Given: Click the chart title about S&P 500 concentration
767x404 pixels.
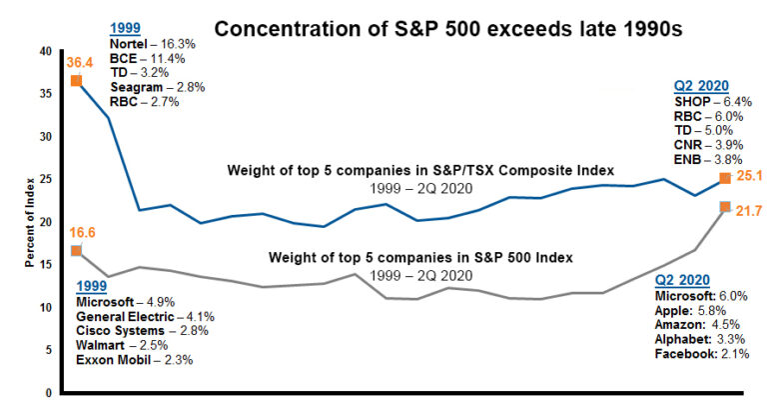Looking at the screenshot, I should click(448, 28).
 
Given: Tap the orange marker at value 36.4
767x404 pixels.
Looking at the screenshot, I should click(76, 80).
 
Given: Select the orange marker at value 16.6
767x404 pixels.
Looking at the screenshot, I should click(76, 250).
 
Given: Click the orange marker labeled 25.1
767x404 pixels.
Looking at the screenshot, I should click(725, 179).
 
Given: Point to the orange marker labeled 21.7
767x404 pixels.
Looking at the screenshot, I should click(725, 207).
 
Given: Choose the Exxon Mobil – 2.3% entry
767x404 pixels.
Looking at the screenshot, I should click(135, 358).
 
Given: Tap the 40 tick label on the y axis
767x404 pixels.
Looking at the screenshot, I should click(43, 51).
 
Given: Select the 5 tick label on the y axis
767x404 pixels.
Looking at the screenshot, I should click(46, 350).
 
